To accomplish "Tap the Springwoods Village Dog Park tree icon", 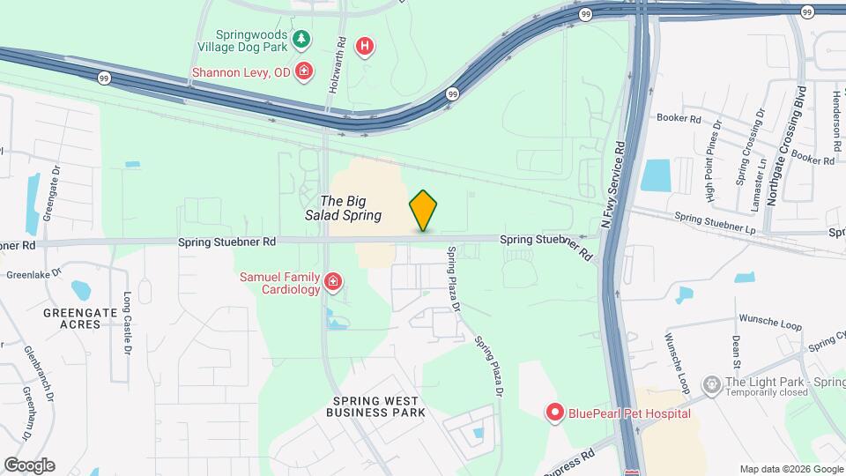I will click(x=302, y=39).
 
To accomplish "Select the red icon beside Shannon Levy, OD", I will click(x=304, y=71).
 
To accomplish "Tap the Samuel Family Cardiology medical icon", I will click(x=333, y=282).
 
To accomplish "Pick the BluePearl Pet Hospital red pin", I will click(x=555, y=413).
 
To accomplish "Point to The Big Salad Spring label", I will click(x=350, y=208).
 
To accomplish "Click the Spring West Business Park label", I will click(x=378, y=406).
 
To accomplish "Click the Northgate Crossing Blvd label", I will click(x=784, y=146).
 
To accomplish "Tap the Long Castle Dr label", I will click(x=128, y=324).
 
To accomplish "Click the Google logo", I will click(x=29, y=465).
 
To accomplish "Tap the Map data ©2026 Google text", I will click(x=790, y=469).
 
